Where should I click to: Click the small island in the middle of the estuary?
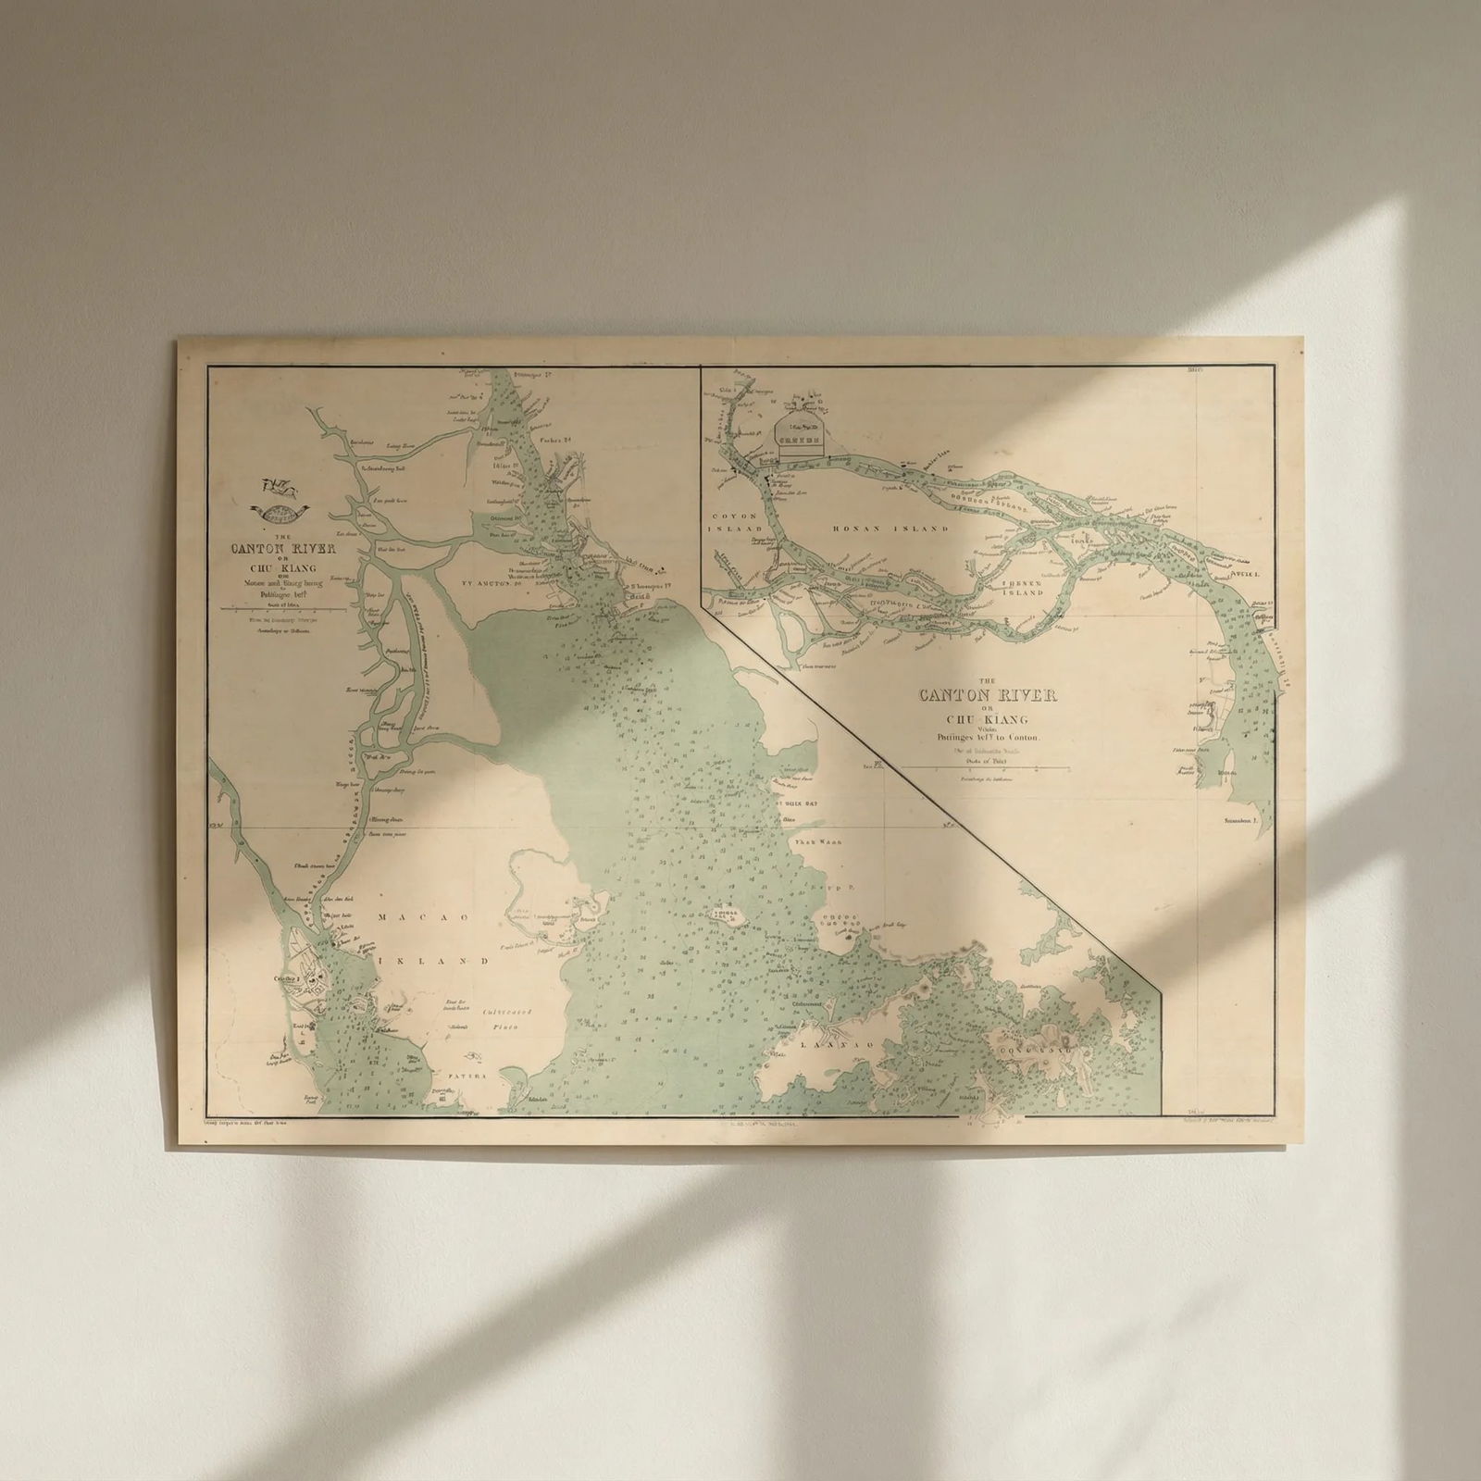point(729,916)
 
